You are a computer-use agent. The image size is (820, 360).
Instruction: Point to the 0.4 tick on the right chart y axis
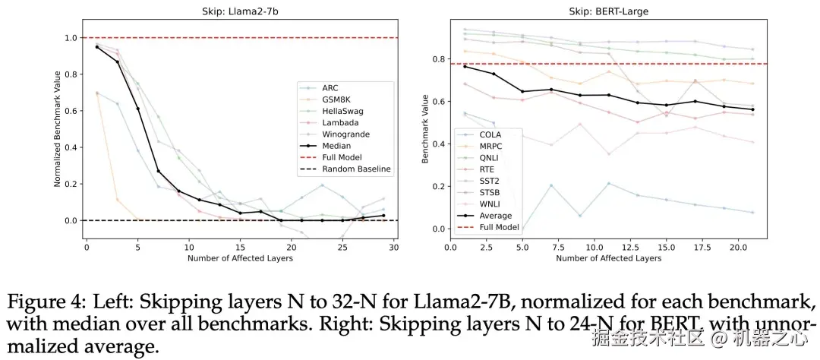436,144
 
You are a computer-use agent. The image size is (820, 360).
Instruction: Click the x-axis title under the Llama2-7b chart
240,258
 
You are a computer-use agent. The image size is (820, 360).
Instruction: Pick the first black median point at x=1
97,47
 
